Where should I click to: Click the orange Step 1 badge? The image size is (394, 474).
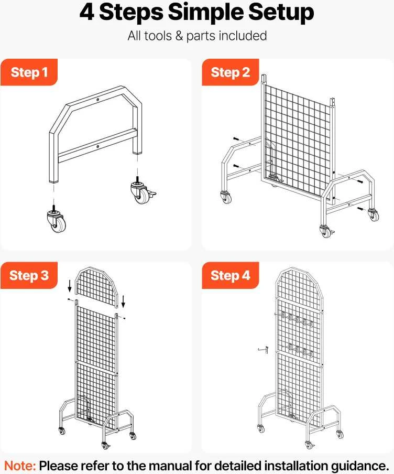[x=29, y=72]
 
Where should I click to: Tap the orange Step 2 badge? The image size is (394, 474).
[x=230, y=72]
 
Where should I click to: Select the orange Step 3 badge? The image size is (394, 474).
[x=29, y=275]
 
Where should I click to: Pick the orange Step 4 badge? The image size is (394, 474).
[x=230, y=275]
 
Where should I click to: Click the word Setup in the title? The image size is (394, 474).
[x=281, y=13]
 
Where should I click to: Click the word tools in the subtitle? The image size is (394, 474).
[x=158, y=36]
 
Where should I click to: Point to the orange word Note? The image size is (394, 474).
[x=20, y=466]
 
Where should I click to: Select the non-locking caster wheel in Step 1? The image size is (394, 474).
[x=57, y=220]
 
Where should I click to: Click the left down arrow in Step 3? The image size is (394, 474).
[x=70, y=286]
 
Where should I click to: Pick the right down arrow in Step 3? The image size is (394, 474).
[x=123, y=301]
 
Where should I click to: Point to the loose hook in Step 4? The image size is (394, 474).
[x=263, y=350]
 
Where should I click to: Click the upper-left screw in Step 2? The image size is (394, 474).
[x=236, y=139]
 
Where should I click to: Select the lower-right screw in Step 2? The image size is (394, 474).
[x=360, y=209]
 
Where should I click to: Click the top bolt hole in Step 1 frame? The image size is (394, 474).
[x=98, y=100]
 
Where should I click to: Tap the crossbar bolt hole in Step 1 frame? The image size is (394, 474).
[x=97, y=147]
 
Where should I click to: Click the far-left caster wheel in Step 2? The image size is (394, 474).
[x=226, y=197]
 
